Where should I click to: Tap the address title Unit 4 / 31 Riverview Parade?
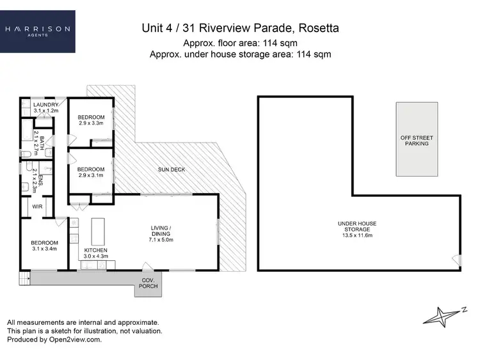[239, 29]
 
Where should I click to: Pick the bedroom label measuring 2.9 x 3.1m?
[91, 172]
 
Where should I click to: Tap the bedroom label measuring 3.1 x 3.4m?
[44, 246]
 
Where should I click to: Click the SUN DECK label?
[171, 170]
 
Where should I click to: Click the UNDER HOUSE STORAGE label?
[356, 227]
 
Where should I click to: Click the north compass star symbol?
[440, 315]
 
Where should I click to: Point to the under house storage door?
[456, 260]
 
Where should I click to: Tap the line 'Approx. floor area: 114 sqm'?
[239, 43]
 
